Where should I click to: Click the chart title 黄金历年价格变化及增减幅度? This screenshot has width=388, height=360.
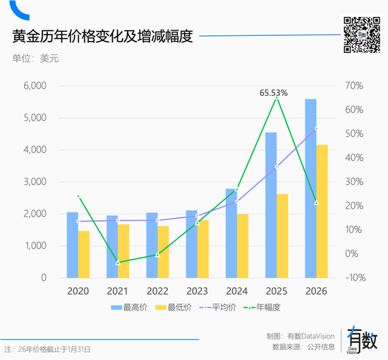point(103,36)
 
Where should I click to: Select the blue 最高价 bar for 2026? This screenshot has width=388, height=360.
point(310,188)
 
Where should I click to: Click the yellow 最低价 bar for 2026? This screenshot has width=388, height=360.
point(322,211)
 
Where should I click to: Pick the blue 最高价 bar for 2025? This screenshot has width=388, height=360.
point(271,205)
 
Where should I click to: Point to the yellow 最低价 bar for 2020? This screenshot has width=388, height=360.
point(84,254)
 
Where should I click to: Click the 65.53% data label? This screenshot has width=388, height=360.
point(274,92)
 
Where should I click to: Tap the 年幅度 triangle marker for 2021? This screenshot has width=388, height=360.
point(119,263)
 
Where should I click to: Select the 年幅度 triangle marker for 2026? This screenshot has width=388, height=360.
point(316,203)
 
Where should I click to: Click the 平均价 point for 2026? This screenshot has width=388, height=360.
point(316,128)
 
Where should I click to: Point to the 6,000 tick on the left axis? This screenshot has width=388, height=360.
point(35,86)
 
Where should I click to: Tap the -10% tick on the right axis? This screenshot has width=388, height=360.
point(353,277)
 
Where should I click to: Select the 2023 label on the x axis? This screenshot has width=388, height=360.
point(197,290)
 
